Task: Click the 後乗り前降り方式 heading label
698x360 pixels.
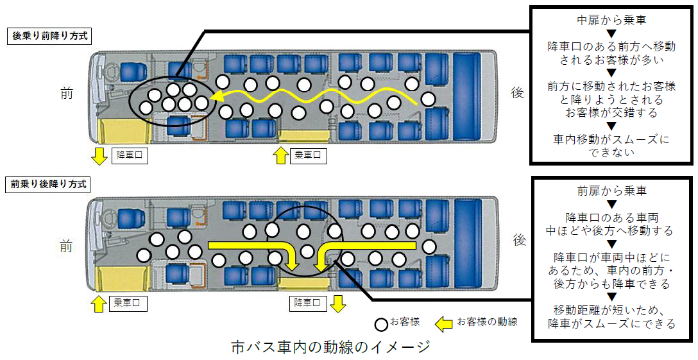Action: click(47, 36)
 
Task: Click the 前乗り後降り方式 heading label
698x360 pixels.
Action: click(47, 184)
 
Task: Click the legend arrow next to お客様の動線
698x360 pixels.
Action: click(444, 323)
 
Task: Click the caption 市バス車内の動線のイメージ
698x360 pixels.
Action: click(330, 347)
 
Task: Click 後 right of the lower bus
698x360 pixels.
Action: click(519, 240)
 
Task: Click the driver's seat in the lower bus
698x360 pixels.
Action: click(132, 217)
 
